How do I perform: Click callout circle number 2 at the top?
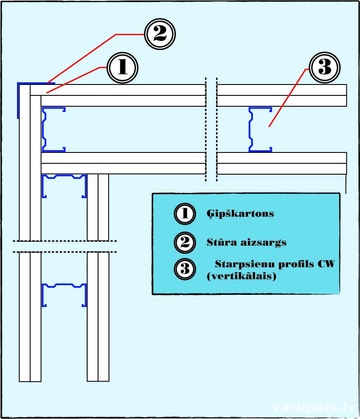pyautogui.click(x=160, y=34)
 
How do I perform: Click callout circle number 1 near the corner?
pyautogui.click(x=122, y=68)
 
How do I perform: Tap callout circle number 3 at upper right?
pyautogui.click(x=325, y=68)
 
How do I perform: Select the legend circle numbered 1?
pyautogui.click(x=185, y=213)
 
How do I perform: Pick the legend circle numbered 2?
pyautogui.click(x=185, y=242)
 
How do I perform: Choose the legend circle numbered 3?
pyautogui.click(x=185, y=269)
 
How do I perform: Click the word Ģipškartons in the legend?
pyautogui.click(x=240, y=214)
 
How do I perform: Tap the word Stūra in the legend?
pyautogui.click(x=222, y=242)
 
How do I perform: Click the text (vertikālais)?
pyautogui.click(x=241, y=276)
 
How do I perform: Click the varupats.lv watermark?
pyautogui.click(x=313, y=408)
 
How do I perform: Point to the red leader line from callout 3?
pyautogui.click(x=289, y=98)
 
